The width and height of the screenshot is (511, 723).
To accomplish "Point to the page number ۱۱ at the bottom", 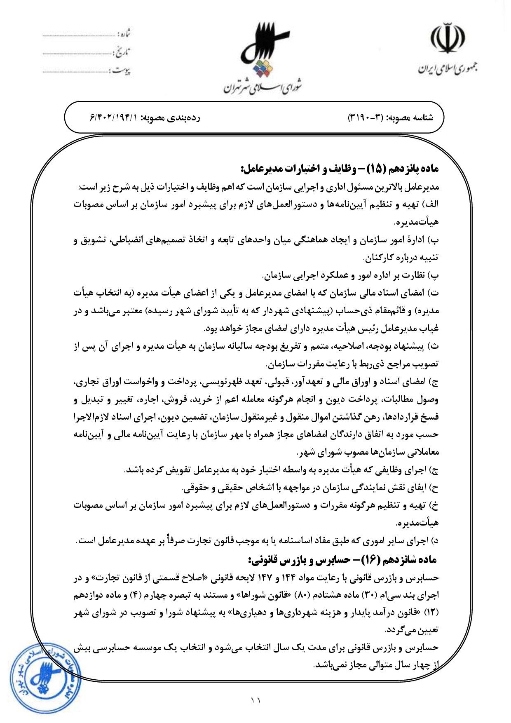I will click(255, 700).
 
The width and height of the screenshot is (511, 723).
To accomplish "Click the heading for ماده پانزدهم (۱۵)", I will click(340, 169).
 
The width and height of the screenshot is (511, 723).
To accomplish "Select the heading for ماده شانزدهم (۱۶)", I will click(342, 560).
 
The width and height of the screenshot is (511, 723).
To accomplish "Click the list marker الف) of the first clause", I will click(431, 204).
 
